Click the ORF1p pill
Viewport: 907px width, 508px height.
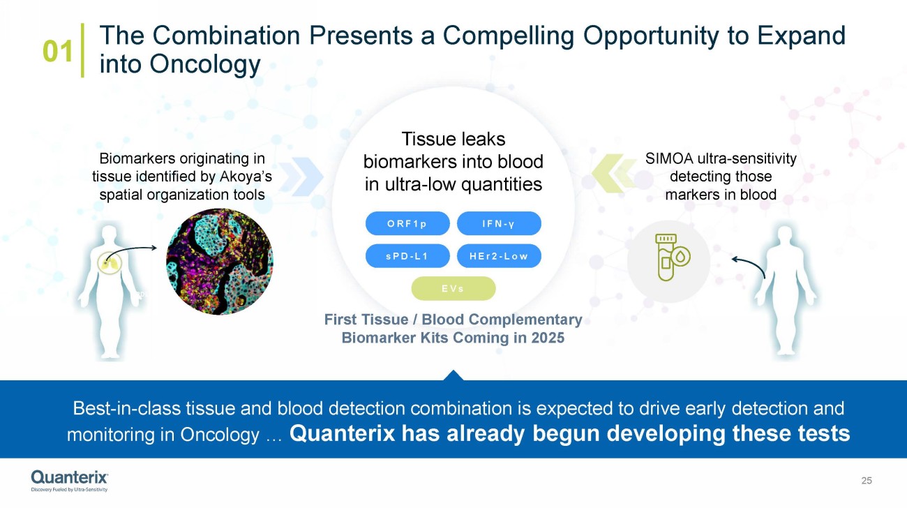coord(407,223)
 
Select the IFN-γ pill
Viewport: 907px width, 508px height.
coord(499,223)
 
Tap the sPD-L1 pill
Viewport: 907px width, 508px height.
coord(407,256)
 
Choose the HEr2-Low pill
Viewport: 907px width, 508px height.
coord(499,256)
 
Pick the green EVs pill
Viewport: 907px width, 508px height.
coord(453,288)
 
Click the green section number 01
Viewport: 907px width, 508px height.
coord(57,51)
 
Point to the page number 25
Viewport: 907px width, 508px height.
coord(867,481)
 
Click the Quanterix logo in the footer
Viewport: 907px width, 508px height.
coord(69,481)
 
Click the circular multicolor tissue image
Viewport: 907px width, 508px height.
coord(220,262)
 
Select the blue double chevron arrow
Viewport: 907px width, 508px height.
coord(301,177)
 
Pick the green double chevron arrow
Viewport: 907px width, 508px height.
coord(613,173)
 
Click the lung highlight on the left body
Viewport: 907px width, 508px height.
coord(110,262)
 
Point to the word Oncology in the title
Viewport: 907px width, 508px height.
coord(205,64)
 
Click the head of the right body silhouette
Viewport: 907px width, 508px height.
coord(786,236)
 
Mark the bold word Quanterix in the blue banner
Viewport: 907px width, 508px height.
coord(342,433)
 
